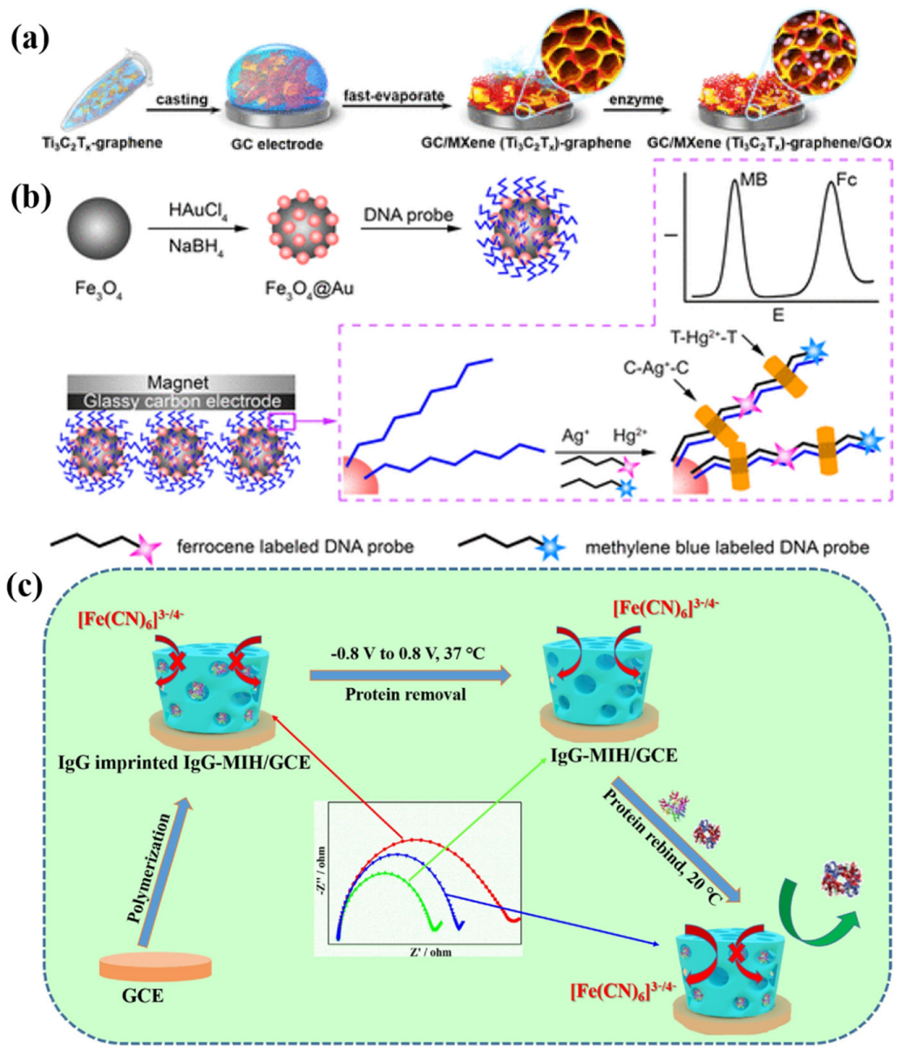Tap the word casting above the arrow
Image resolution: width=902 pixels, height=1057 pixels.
click(181, 99)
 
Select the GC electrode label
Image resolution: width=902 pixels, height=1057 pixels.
click(268, 142)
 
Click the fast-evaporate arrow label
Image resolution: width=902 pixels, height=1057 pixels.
click(393, 95)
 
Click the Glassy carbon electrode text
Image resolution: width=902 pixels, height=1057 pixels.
click(182, 401)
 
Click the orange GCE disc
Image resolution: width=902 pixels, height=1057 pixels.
click(156, 965)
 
